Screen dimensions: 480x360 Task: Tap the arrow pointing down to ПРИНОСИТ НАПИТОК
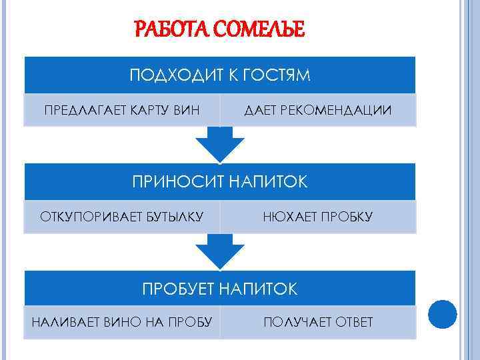point(220,142)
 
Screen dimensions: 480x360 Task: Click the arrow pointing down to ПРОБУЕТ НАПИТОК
point(220,250)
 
